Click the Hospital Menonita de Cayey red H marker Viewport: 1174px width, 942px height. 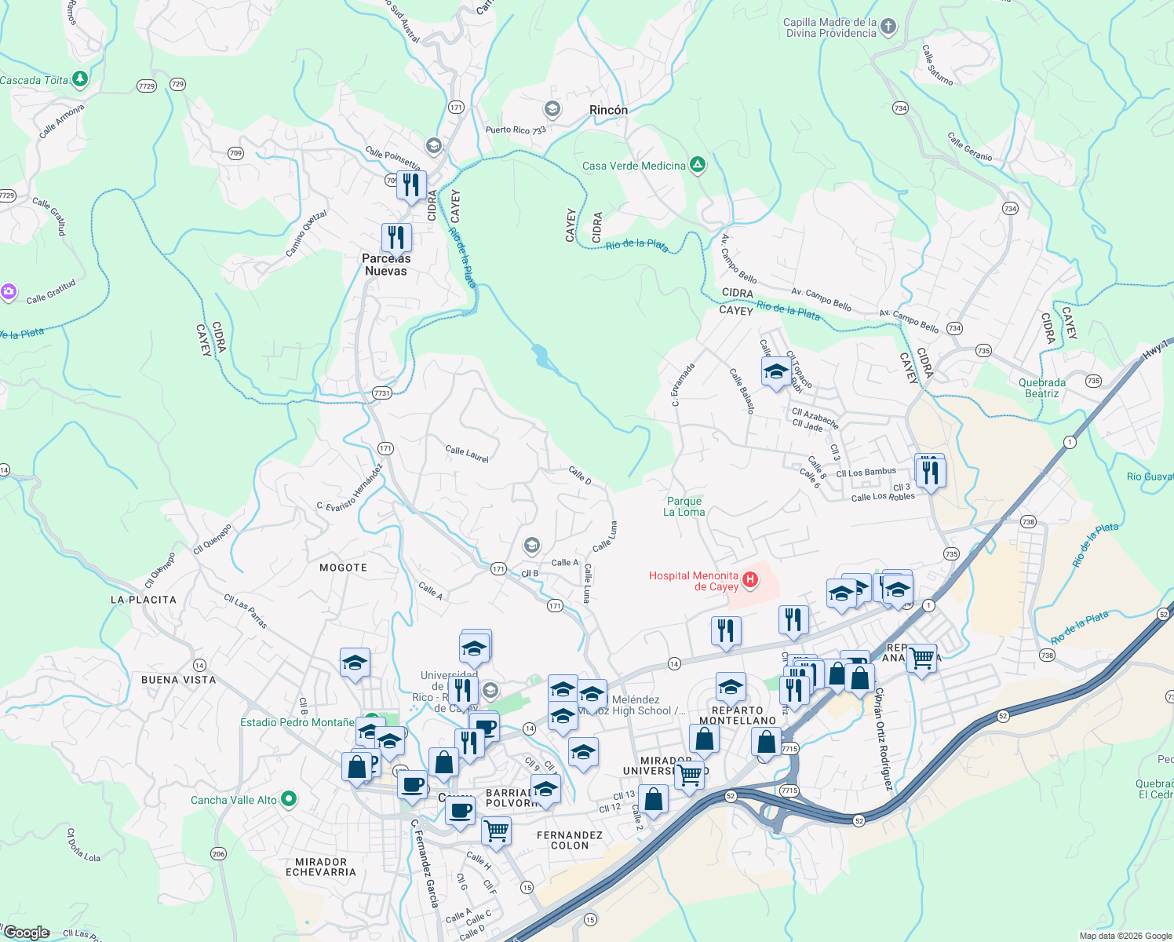coord(750,580)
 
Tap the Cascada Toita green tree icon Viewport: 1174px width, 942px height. coord(79,79)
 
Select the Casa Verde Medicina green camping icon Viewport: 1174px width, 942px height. coord(697,165)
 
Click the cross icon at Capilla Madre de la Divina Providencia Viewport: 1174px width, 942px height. coord(888,27)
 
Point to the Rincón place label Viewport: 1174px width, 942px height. coord(608,111)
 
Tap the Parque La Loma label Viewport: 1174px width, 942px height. coord(684,506)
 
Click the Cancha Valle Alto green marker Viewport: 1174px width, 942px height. coord(289,799)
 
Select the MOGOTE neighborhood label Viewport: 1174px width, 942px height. coord(343,568)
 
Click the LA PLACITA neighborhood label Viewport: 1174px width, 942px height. coord(144,600)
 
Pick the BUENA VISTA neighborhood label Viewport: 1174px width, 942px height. coord(178,680)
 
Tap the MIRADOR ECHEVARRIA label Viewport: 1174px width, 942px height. coord(321,867)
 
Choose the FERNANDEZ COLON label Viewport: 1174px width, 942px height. coord(570,840)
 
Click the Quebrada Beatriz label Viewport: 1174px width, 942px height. coord(1042,388)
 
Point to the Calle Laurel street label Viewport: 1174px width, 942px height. coord(467,454)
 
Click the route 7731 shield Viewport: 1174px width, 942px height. coord(381,393)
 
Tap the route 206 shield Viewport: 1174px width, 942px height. coord(218,853)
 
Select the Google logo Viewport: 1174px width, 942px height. coord(27,933)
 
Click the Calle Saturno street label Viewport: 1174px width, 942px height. coord(939,65)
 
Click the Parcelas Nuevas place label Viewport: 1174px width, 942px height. coord(386,265)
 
